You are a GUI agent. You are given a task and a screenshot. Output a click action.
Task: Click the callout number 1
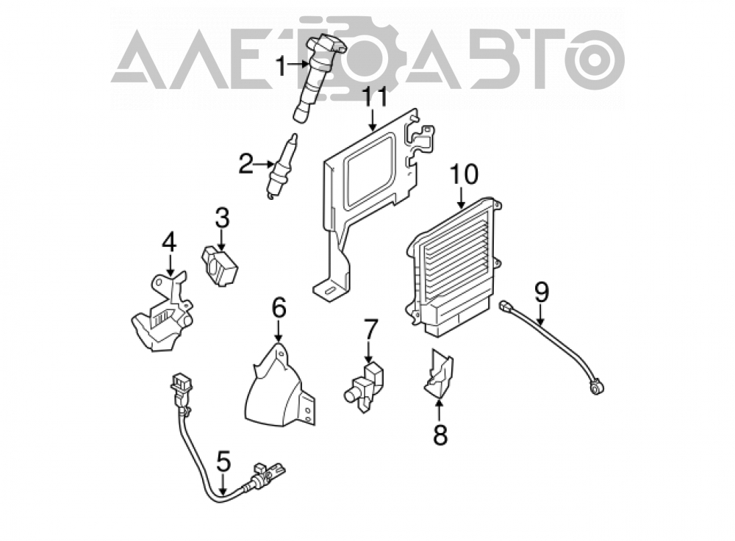(280, 66)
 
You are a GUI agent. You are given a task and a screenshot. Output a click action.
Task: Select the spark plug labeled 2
(282, 165)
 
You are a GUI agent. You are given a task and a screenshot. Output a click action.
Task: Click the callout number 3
(222, 218)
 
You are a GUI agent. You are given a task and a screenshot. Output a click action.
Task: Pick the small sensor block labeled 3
(219, 266)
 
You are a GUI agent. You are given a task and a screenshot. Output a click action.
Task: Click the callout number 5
(223, 462)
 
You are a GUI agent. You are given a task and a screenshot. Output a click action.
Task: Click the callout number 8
(440, 434)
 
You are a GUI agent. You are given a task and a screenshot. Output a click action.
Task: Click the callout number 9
(541, 292)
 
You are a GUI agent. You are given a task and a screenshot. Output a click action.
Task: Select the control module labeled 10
(452, 268)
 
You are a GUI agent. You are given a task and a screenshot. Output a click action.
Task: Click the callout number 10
(464, 173)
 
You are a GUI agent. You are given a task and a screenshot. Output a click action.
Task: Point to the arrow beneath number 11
(373, 118)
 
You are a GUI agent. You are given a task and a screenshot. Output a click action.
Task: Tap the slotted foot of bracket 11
(331, 290)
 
